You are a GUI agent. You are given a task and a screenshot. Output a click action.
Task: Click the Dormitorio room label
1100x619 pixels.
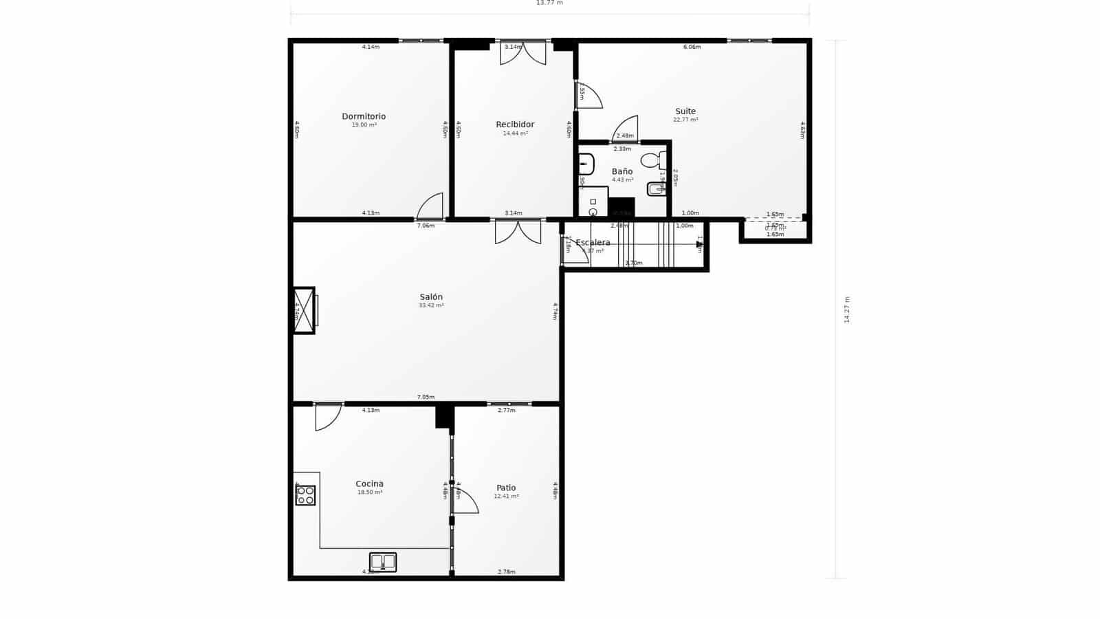tap(364, 116)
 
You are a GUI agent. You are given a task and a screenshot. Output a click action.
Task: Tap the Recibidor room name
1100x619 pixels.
tap(515, 124)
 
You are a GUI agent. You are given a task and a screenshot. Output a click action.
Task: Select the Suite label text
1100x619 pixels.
tap(685, 111)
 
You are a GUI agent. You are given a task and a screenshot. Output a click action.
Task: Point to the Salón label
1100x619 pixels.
tap(431, 297)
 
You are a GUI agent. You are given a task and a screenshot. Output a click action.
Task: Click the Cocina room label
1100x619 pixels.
tap(369, 484)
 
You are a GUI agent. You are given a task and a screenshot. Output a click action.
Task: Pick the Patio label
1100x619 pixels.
tap(506, 488)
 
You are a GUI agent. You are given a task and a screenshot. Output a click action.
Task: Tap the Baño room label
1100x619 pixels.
tap(622, 171)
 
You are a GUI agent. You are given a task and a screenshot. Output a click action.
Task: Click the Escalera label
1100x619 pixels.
tap(593, 243)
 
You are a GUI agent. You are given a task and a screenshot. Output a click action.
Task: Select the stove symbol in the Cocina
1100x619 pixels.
tap(305, 495)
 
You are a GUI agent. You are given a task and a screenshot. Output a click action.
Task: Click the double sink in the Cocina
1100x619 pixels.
tap(383, 562)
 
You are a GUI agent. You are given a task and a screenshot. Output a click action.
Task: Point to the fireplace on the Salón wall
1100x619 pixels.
tap(304, 310)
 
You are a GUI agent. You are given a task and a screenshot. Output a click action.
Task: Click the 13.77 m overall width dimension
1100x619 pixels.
tap(549, 3)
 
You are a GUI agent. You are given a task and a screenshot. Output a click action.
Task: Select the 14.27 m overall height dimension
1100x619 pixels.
tap(847, 309)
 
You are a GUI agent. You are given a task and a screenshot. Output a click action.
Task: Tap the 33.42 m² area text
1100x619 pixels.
tap(431, 305)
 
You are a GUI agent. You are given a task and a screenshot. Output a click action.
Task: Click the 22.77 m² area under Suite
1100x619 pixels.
tap(685, 120)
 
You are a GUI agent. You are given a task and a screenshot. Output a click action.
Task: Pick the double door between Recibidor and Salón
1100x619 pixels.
tap(518, 231)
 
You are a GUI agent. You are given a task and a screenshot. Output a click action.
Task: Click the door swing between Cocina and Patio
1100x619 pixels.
tap(465, 501)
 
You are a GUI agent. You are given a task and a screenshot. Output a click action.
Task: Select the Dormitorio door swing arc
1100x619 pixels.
tap(431, 206)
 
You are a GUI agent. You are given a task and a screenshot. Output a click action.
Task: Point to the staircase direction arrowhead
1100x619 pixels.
tap(698, 243)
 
